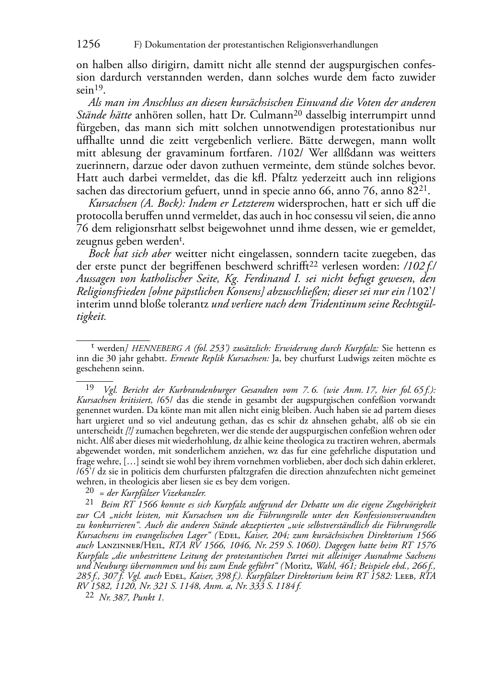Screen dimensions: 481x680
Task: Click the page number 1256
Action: pos(89,45)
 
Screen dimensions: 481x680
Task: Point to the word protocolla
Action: pos(98,216)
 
